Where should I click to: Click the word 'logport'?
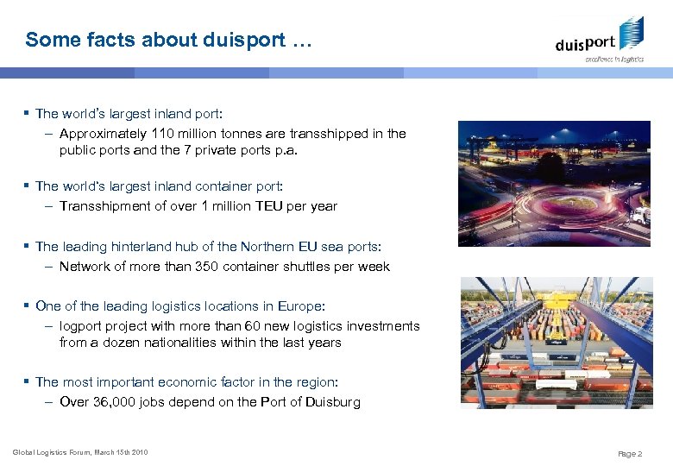[80, 326]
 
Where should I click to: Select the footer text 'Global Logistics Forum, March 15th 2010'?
[79, 452]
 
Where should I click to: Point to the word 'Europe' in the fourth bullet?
[299, 306]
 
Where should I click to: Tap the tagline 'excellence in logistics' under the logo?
[614, 60]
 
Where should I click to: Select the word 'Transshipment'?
[102, 206]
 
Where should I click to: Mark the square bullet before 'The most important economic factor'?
[28, 381]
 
